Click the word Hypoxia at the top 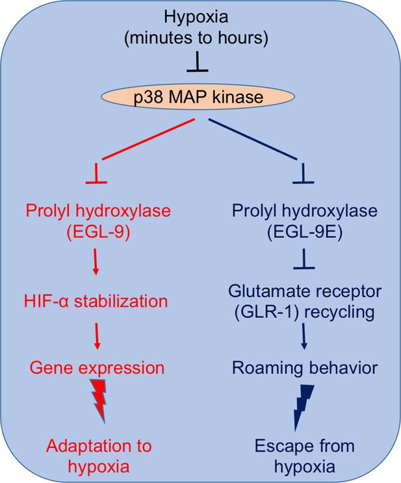point(196,18)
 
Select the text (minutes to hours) point(196,38)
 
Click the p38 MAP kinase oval point(198,97)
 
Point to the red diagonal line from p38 point(148,139)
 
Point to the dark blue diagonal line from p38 point(253,139)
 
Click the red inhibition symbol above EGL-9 point(96,174)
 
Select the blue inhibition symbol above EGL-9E point(304,174)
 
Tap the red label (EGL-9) point(98,232)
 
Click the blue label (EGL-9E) point(305,232)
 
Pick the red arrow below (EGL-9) point(96,262)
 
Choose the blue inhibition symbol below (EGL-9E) point(304,259)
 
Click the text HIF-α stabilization point(96,301)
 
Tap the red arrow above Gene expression point(97,336)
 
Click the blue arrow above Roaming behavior point(304,336)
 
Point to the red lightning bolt point(99,401)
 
